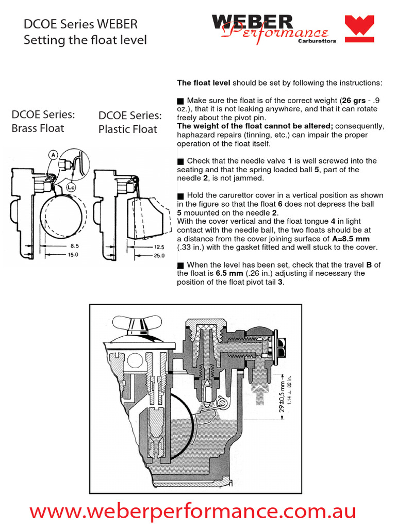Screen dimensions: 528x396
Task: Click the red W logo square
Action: [x=359, y=29]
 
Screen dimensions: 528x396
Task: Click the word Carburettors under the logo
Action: [x=317, y=41]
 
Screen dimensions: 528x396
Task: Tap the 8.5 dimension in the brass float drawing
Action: [x=75, y=246]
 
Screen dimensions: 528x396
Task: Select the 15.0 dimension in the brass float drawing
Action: [x=75, y=255]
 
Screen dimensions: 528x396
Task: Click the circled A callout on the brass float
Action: [x=53, y=154]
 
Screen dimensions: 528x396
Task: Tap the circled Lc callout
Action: [x=72, y=188]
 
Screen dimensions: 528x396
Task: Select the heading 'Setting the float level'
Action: [x=85, y=40]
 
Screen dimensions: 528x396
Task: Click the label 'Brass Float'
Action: [x=38, y=128]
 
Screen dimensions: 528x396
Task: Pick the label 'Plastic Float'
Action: [x=128, y=129]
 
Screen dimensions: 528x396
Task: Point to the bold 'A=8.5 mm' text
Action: [x=348, y=239]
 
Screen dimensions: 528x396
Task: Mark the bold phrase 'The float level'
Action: [x=204, y=82]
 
